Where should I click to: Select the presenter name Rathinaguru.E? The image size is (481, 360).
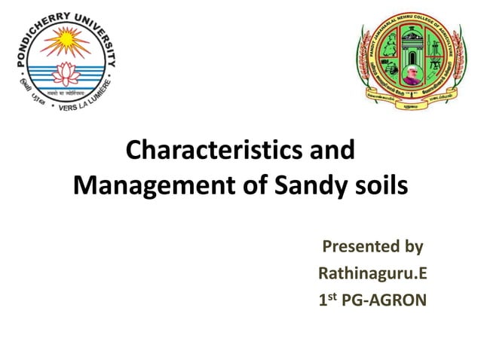click(x=373, y=273)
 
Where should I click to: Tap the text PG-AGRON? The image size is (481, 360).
click(x=387, y=301)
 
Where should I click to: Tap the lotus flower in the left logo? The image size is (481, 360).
click(x=64, y=72)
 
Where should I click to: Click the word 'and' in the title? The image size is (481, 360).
click(x=332, y=150)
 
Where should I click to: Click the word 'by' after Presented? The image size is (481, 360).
click(x=413, y=246)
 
